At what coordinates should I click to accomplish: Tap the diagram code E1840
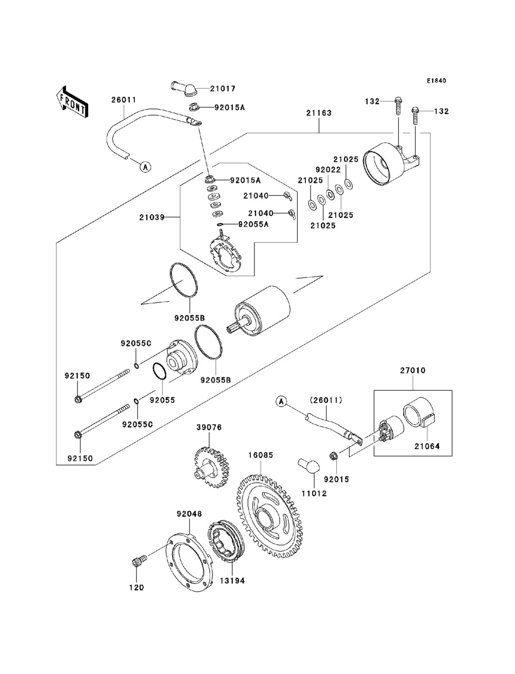coord(436,81)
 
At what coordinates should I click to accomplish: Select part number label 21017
coord(223,89)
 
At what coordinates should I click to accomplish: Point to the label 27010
coord(413,370)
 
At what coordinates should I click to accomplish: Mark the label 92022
coord(328,169)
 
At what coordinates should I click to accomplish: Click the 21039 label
coord(151,217)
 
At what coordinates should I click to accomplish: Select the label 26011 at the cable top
coord(124,100)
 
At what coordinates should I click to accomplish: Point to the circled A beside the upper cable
coord(145,166)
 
